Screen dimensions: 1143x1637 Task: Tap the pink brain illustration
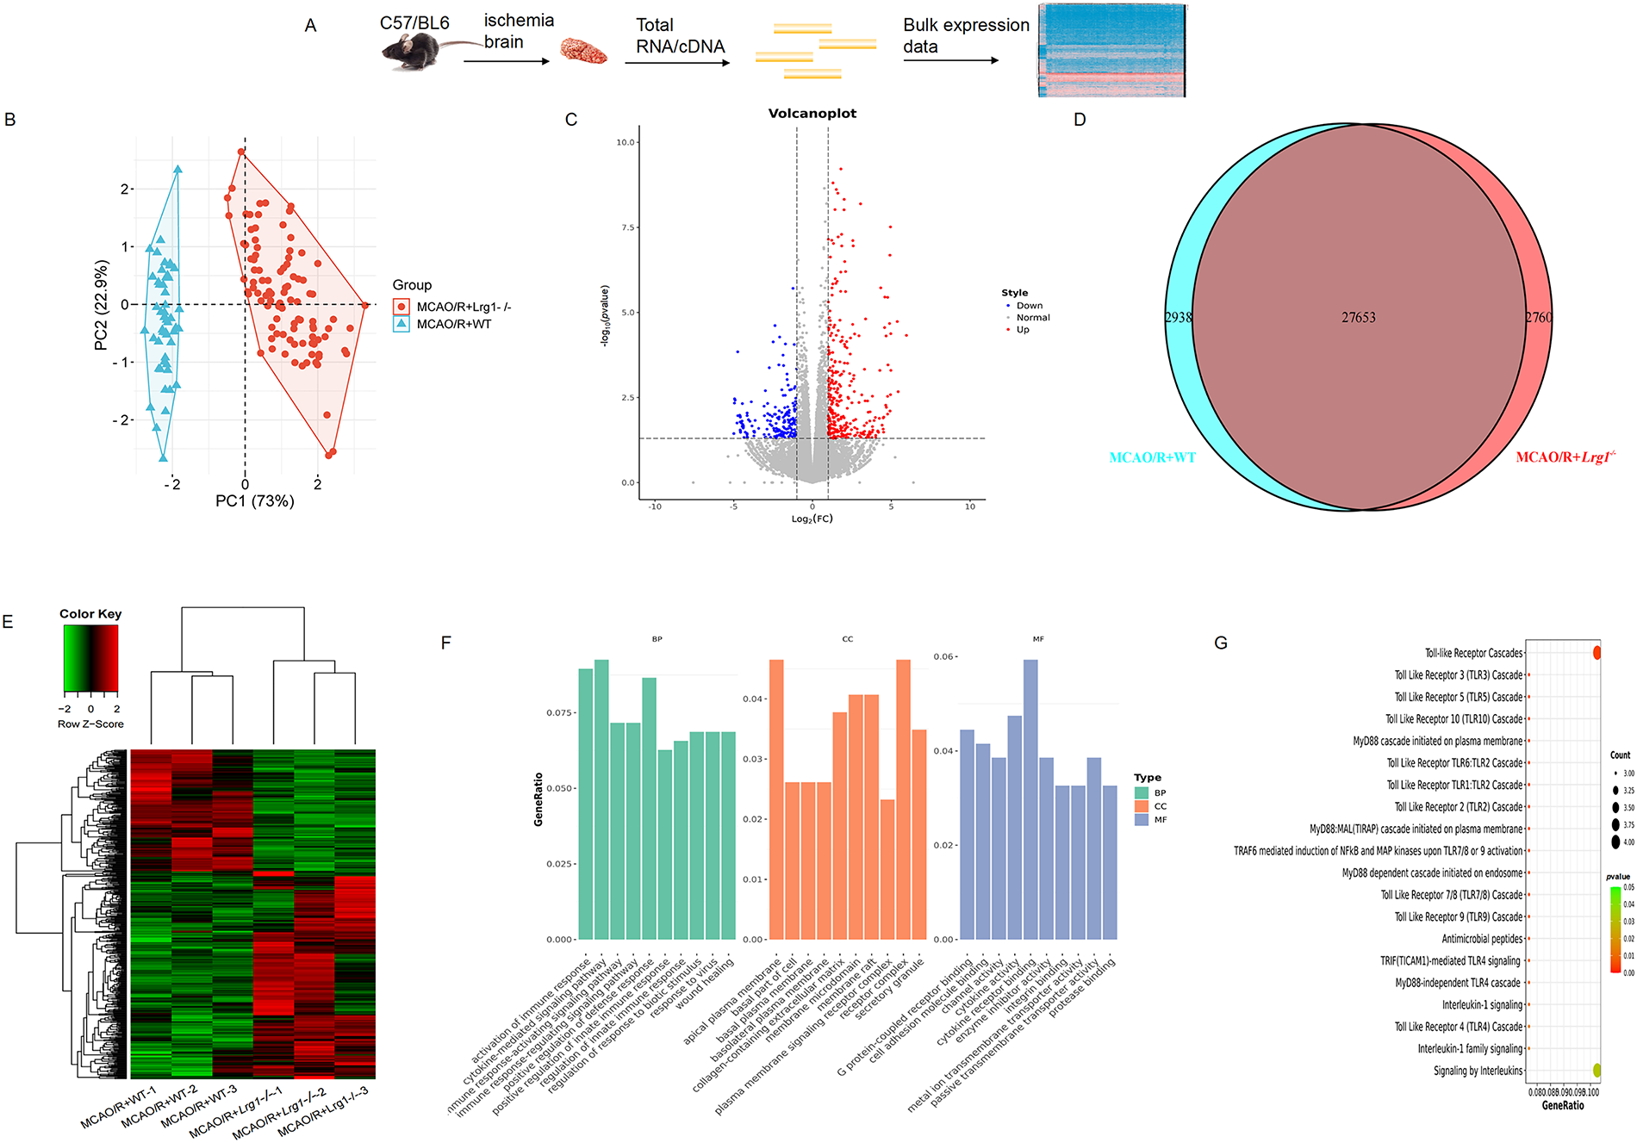[x=583, y=51]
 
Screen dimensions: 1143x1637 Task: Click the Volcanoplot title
[x=812, y=114]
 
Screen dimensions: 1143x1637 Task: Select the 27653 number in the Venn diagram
[x=1358, y=318]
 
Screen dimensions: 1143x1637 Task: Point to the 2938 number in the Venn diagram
[x=1178, y=318]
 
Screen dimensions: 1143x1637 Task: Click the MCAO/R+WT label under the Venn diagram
[x=1152, y=457]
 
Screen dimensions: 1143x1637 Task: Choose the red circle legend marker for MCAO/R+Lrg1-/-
[x=401, y=307]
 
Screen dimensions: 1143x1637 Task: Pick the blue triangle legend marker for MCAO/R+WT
[x=401, y=324]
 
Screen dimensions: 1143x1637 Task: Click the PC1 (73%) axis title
[x=254, y=501]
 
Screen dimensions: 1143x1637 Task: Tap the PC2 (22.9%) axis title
[x=102, y=305]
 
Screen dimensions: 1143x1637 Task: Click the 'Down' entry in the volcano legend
[x=1029, y=306]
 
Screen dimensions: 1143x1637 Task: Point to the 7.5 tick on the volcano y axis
[x=628, y=227]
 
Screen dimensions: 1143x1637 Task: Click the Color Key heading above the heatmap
[x=90, y=614]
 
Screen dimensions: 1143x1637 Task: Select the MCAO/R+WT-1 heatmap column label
[x=118, y=1108]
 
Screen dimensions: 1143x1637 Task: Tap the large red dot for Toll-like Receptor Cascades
[x=1597, y=653]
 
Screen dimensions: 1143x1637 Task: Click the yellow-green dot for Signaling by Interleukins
[x=1597, y=1071]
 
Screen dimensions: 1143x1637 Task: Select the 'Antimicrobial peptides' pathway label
[x=1482, y=939]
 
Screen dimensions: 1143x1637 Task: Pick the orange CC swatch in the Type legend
[x=1142, y=806]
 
